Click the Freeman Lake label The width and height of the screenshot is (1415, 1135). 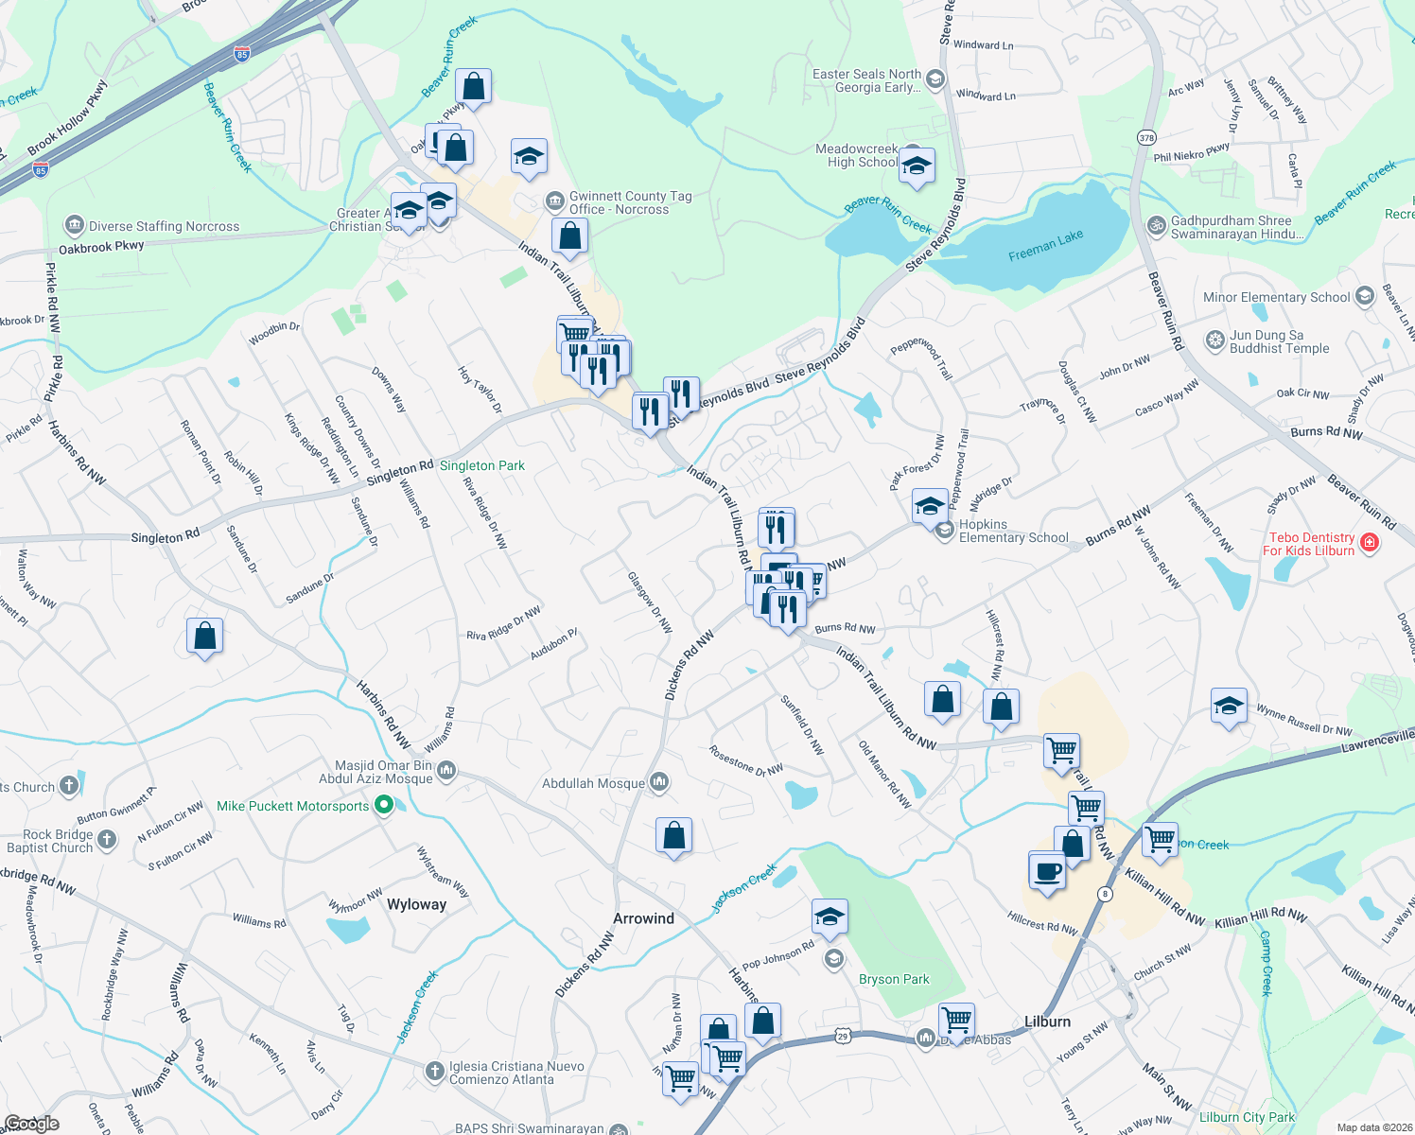(1045, 246)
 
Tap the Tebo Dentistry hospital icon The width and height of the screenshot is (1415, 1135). (1369, 543)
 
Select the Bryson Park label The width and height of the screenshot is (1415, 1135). (893, 979)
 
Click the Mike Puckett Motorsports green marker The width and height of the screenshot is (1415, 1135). (383, 805)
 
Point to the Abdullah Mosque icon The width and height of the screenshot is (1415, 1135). (659, 781)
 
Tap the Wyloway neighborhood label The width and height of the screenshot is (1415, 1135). (416, 904)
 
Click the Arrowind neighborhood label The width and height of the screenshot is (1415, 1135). (643, 918)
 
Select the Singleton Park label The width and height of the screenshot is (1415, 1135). (481, 465)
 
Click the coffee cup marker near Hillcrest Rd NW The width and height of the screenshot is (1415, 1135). (1047, 870)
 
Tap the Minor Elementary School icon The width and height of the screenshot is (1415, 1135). (1364, 296)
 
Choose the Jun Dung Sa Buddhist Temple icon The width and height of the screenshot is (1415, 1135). (1215, 340)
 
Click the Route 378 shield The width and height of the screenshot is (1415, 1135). (1146, 137)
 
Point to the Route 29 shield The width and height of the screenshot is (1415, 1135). (843, 1037)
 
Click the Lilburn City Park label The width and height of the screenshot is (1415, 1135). (1247, 1117)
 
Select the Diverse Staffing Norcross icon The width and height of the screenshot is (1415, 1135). (74, 225)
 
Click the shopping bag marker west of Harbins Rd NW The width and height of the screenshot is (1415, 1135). (204, 637)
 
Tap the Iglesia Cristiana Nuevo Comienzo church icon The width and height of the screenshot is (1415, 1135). (434, 1071)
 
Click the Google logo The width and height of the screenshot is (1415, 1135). (31, 1123)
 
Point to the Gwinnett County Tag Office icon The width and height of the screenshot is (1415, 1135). (555, 201)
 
